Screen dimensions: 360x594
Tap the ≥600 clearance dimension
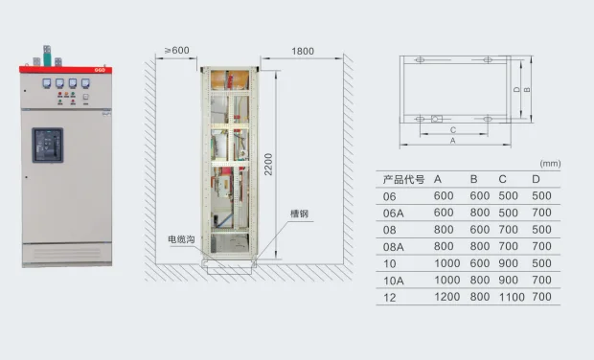176,50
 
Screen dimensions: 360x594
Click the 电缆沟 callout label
180,238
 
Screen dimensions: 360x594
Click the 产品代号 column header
402,179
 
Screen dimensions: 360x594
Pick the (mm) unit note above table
550,163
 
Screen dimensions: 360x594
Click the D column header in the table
536,179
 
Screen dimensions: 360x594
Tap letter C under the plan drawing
450,128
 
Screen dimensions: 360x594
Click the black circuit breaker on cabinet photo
48,145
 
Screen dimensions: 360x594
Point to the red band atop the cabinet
67,69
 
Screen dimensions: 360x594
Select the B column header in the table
473,179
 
